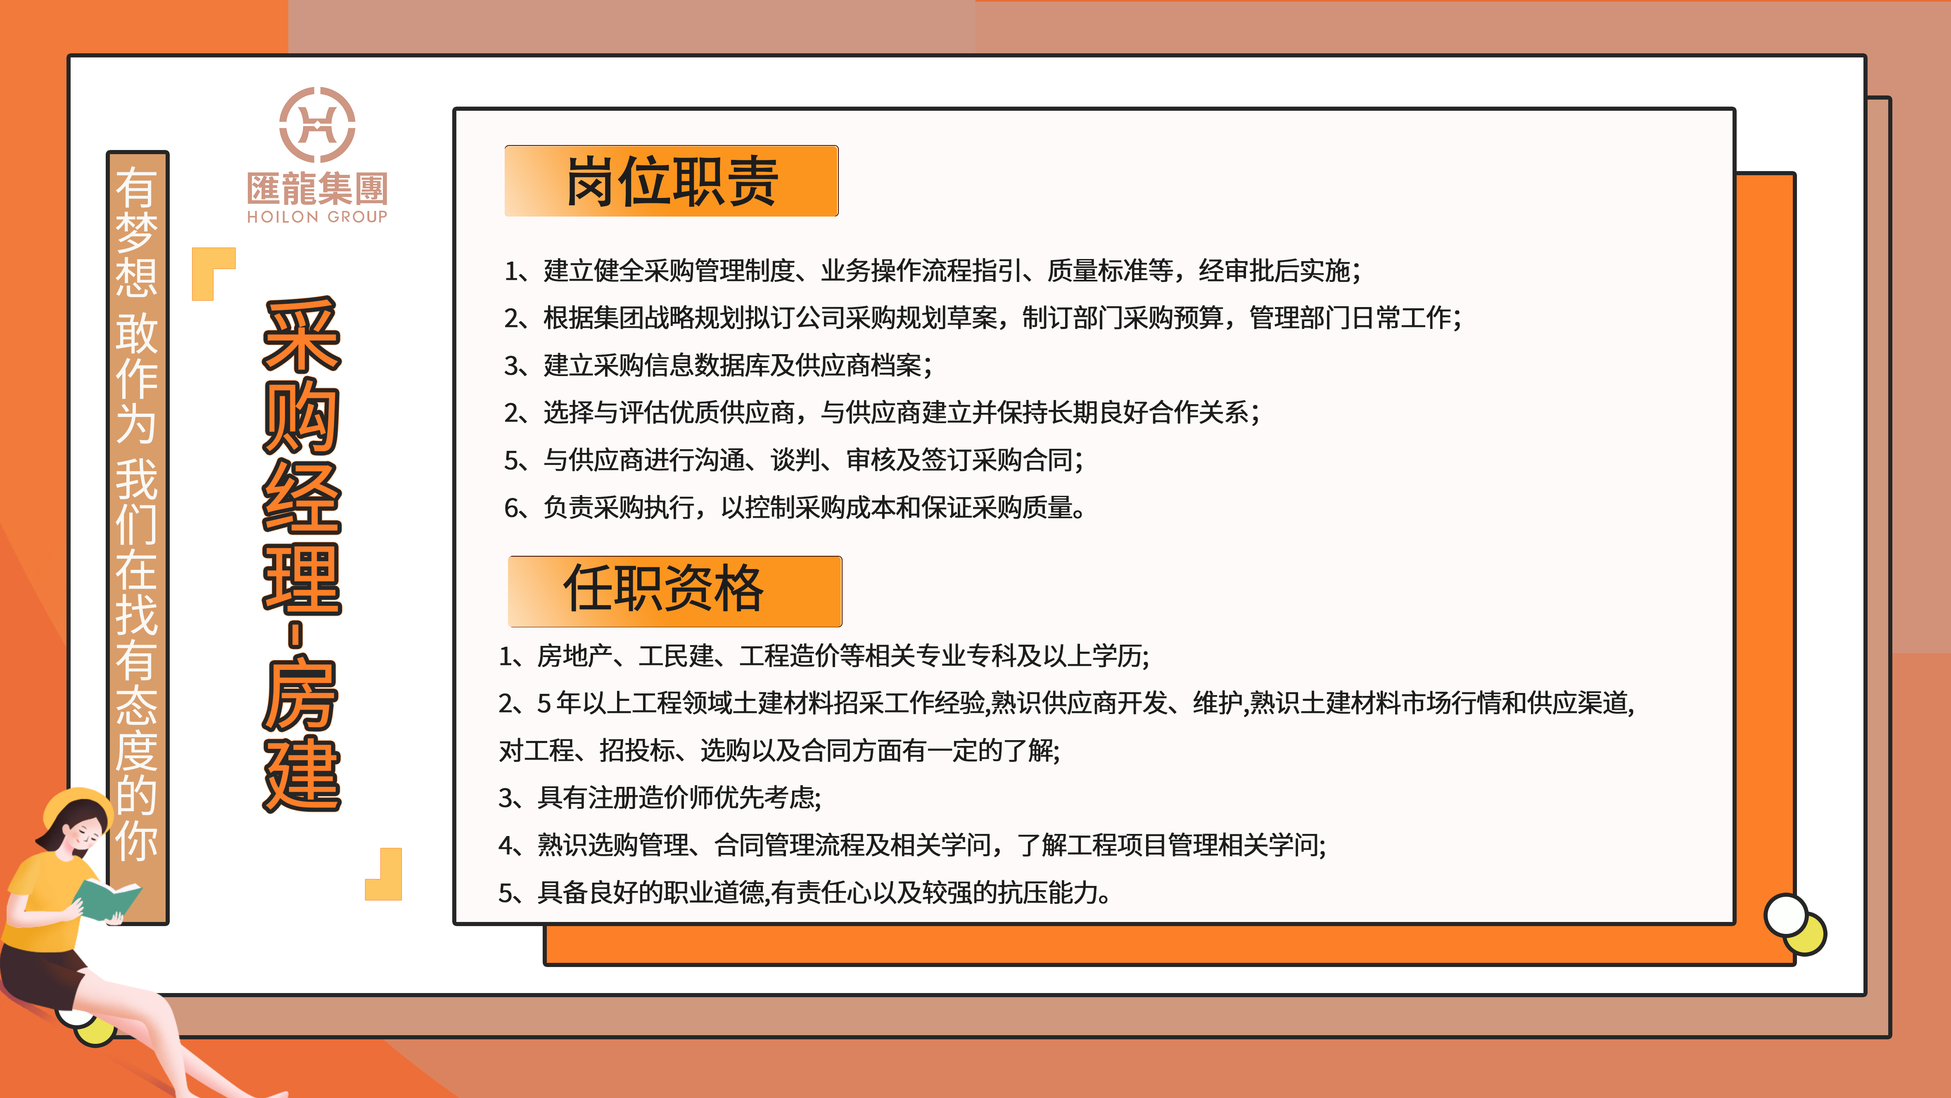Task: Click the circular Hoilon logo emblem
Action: point(317,124)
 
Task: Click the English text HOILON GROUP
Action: point(317,217)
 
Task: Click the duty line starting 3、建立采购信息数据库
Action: point(718,365)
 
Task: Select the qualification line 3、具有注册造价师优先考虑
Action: point(660,797)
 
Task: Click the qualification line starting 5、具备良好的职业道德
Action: point(805,893)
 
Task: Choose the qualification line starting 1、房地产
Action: point(823,655)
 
